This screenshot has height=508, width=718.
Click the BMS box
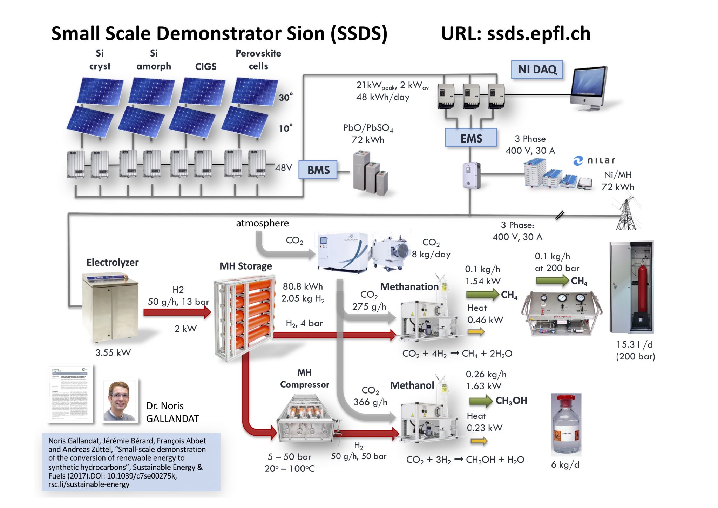click(318, 170)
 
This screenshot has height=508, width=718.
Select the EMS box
click(471, 138)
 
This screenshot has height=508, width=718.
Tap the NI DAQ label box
click(537, 70)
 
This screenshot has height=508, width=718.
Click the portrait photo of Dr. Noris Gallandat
click(120, 401)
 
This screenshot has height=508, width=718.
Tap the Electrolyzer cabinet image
click(110, 307)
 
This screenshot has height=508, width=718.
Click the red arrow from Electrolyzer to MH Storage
click(177, 312)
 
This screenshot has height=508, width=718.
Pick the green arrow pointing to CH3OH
click(481, 401)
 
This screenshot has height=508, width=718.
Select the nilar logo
click(595, 161)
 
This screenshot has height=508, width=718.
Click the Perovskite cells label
click(258, 60)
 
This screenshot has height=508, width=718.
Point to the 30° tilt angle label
click(286, 97)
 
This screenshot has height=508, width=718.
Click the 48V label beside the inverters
click(284, 167)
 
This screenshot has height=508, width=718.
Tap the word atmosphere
click(262, 223)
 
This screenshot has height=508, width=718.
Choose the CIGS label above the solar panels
click(206, 66)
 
